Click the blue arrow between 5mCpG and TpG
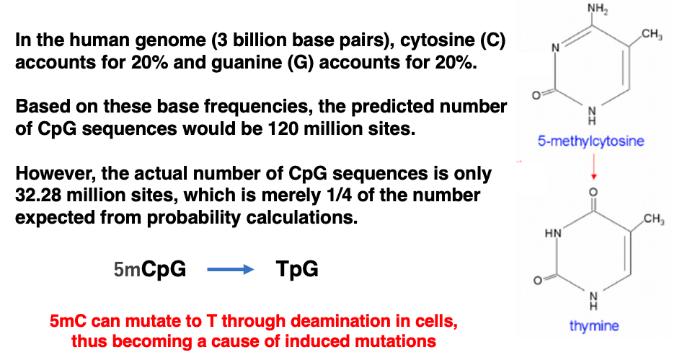click(231, 270)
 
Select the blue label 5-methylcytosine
click(590, 141)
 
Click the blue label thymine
click(593, 325)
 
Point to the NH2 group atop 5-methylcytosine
click(598, 9)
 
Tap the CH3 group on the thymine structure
click(654, 219)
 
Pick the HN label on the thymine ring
click(553, 233)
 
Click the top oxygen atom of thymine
click(593, 192)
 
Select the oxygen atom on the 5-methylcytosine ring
click(536, 95)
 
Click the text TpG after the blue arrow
click(297, 269)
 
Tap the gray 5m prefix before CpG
click(127, 270)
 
